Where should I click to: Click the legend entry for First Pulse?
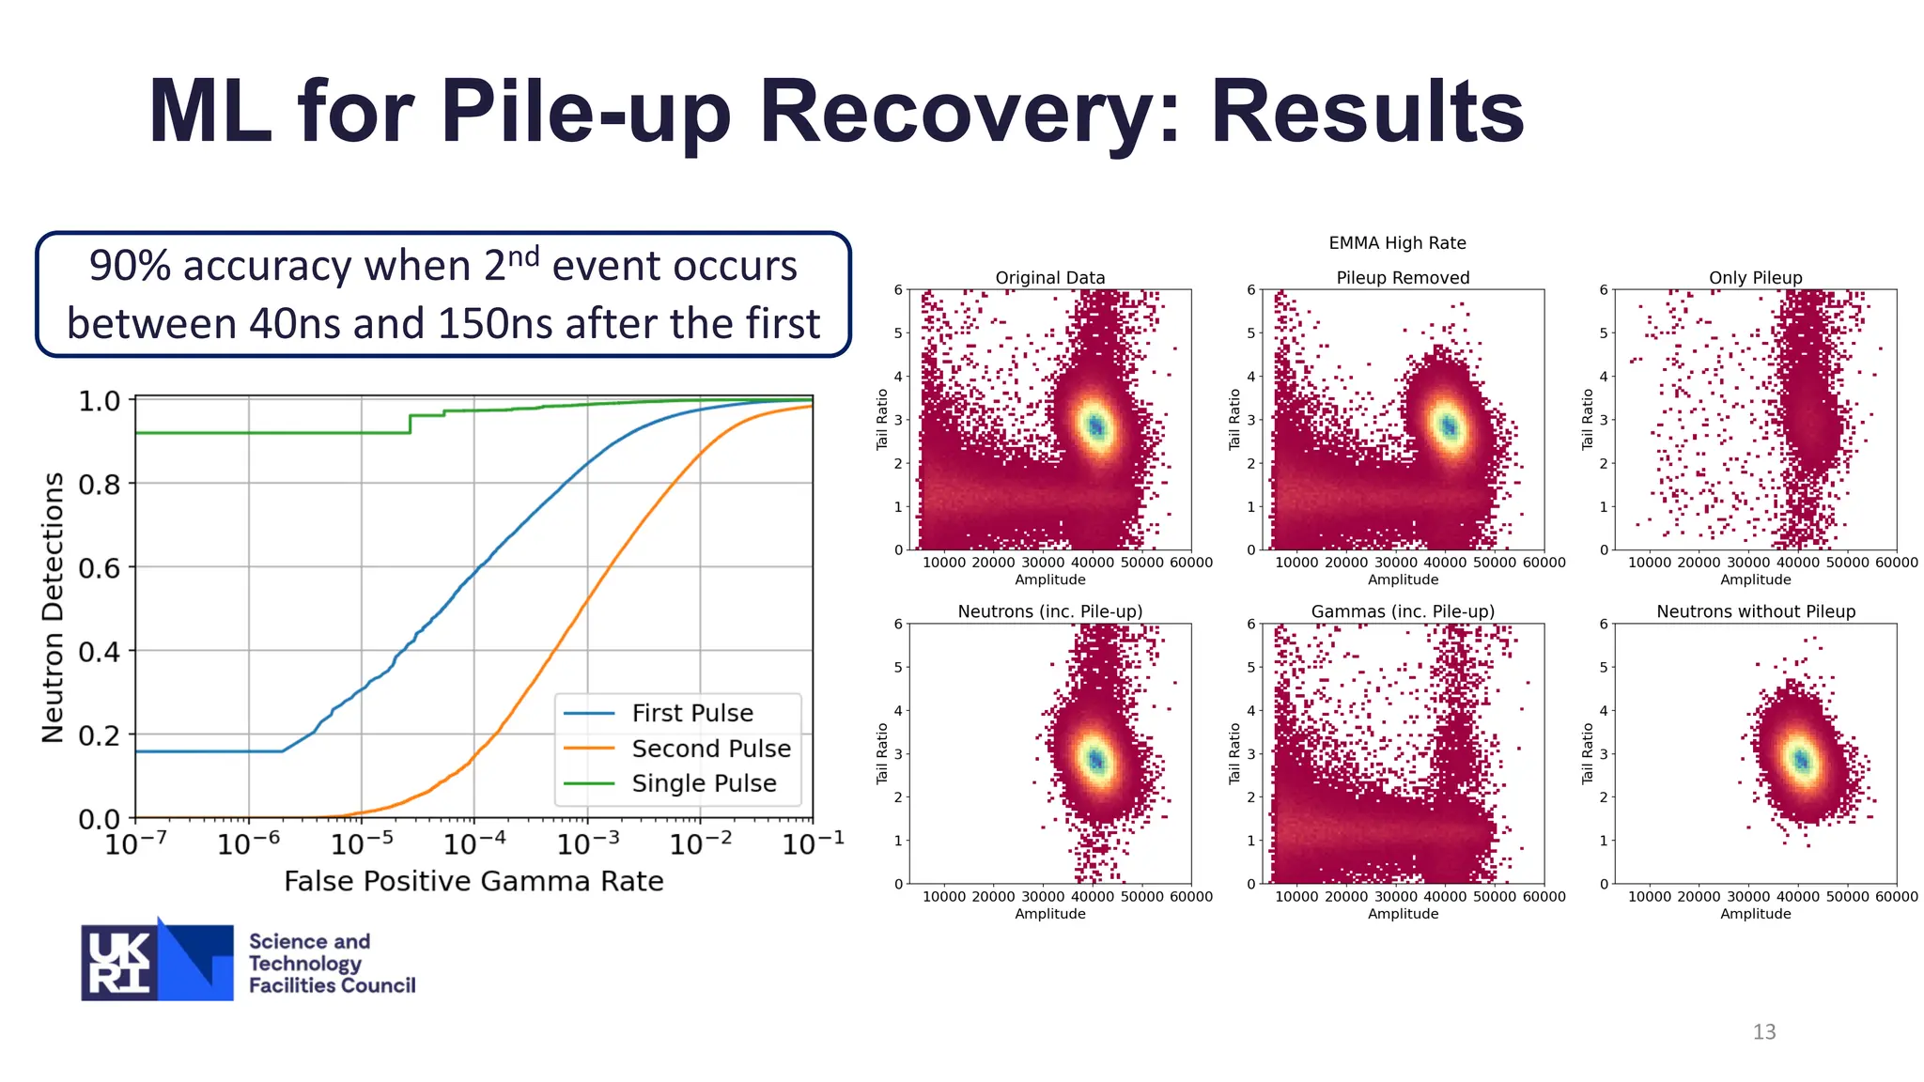(x=691, y=714)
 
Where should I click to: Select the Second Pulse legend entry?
(x=710, y=749)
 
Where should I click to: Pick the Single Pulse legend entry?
(x=703, y=783)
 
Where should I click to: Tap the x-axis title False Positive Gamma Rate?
(x=473, y=881)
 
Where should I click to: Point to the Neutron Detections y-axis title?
(x=54, y=608)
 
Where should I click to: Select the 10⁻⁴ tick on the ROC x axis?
(x=473, y=844)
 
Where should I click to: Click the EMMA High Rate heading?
(x=1397, y=243)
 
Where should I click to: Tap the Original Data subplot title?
(x=1049, y=278)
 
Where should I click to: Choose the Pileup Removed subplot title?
(x=1403, y=278)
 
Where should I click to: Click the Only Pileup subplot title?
(x=1755, y=278)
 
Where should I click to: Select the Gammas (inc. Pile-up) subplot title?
(x=1403, y=611)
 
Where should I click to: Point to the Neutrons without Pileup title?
(x=1755, y=611)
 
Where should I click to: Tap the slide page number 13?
(x=1763, y=1032)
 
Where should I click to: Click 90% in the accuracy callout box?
(x=130, y=267)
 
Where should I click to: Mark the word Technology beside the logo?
(x=304, y=964)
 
